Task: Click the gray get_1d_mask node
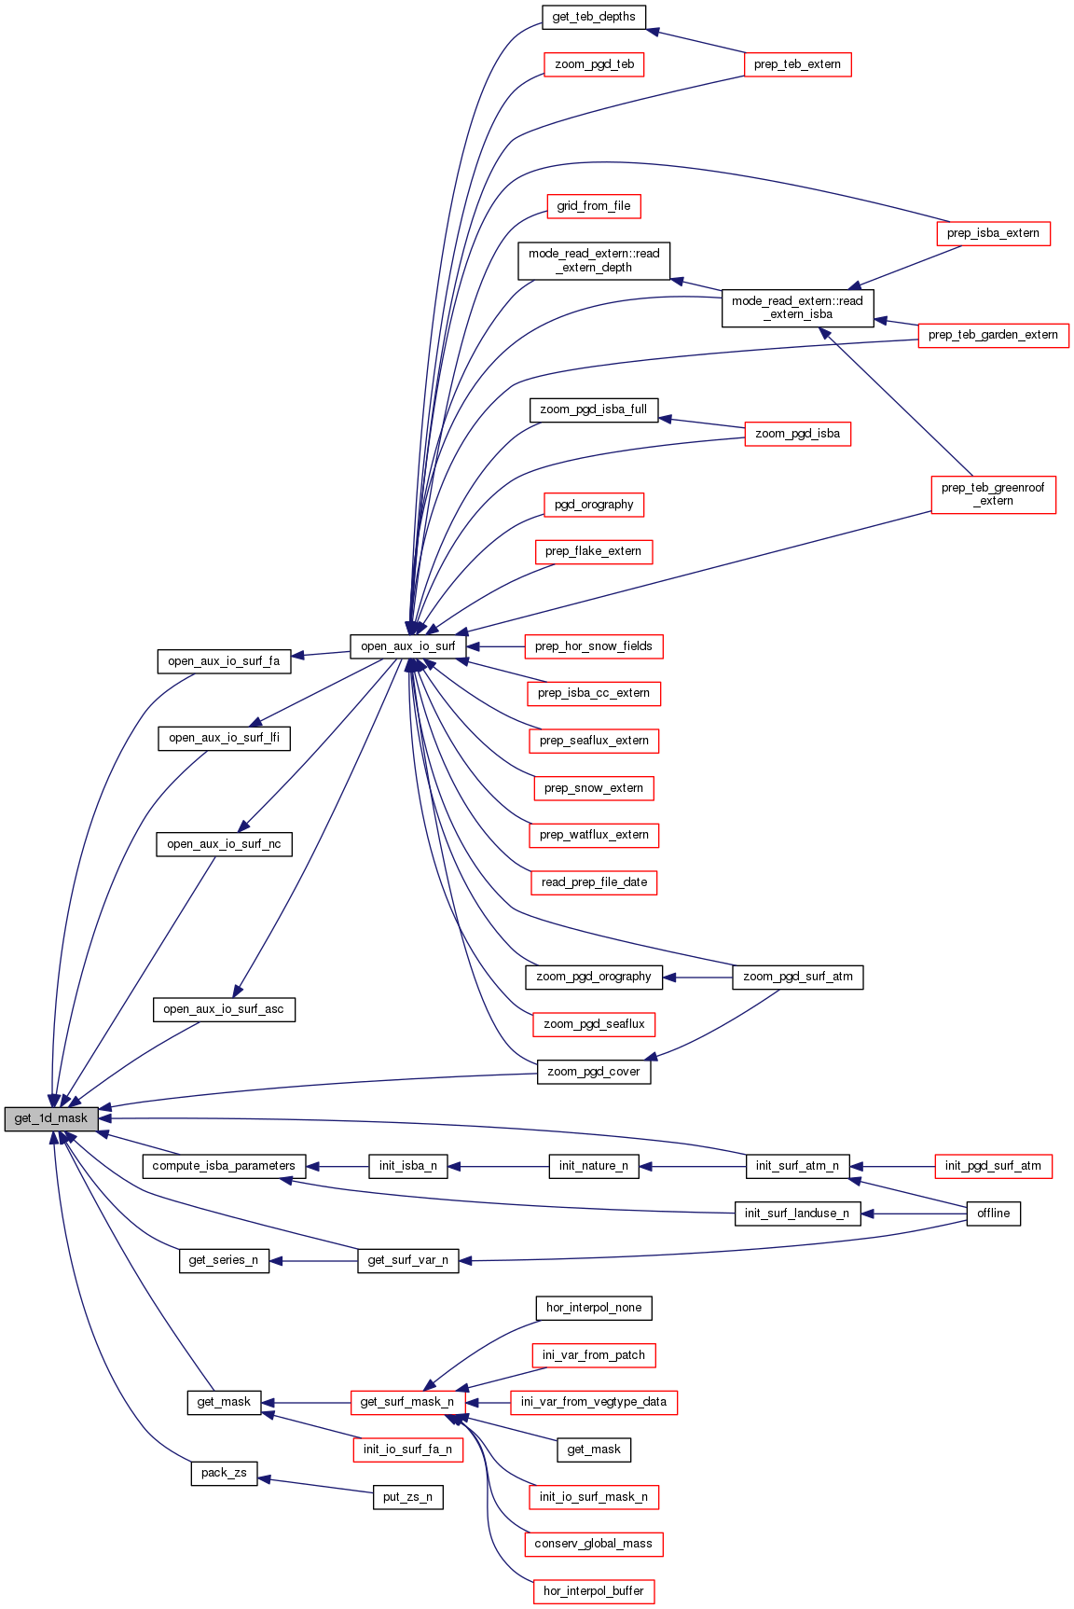point(51,1118)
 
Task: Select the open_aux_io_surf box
point(407,646)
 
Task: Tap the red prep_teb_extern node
point(797,64)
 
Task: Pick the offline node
point(993,1214)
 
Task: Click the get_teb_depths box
point(594,17)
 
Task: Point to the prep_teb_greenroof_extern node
point(993,494)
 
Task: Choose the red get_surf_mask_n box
point(407,1402)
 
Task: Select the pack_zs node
point(224,1473)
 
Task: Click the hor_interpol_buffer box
point(594,1591)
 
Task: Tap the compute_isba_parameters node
point(224,1166)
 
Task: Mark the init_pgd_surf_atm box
point(993,1166)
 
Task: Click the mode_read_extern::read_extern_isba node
point(797,308)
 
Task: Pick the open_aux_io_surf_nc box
point(224,844)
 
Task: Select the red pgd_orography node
point(594,505)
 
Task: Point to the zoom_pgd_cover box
point(594,1072)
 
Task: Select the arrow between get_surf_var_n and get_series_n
point(313,1261)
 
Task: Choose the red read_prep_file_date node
point(594,882)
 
